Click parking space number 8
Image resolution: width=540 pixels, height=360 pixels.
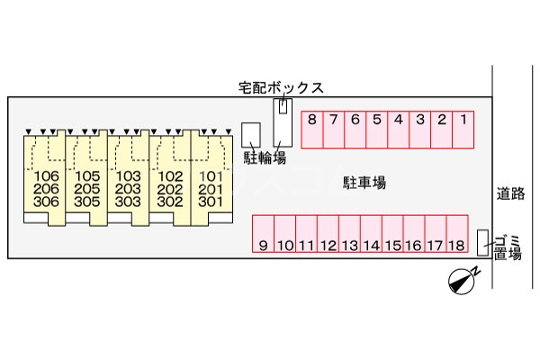(x=311, y=128)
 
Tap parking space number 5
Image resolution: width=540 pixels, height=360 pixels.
(x=376, y=128)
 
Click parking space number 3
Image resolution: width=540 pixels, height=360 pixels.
(x=419, y=128)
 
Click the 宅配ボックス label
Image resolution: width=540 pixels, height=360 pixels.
(x=281, y=87)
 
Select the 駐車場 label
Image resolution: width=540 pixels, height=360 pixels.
(x=364, y=183)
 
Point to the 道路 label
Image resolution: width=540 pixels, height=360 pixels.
(x=515, y=193)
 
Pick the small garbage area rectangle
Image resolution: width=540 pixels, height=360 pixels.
(x=482, y=241)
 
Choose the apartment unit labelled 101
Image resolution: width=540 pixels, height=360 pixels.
(x=210, y=176)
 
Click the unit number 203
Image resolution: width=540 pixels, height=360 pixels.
(x=129, y=189)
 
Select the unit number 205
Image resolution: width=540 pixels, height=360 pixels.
(x=87, y=189)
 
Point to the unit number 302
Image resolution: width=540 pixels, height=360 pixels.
(x=169, y=202)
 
